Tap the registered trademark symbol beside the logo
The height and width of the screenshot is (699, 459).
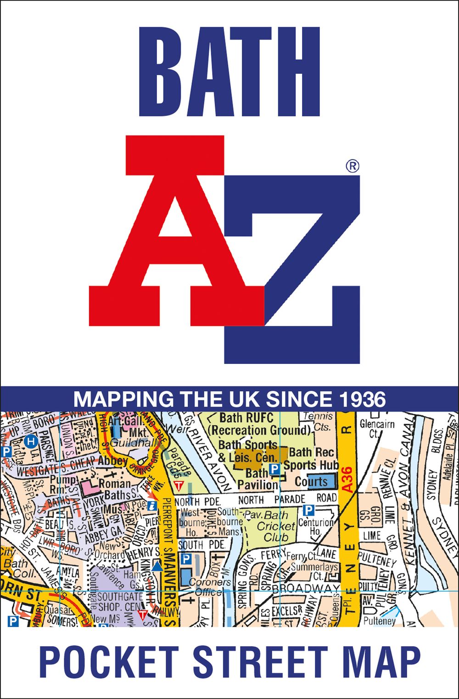pyautogui.click(x=353, y=166)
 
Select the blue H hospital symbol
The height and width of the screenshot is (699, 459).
pyautogui.click(x=31, y=441)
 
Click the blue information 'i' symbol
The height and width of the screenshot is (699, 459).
pyautogui.click(x=152, y=506)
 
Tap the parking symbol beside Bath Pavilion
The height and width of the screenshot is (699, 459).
pyautogui.click(x=274, y=469)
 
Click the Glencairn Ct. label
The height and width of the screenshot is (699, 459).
pyautogui.click(x=377, y=429)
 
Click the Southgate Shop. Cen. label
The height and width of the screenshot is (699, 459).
pyautogui.click(x=120, y=601)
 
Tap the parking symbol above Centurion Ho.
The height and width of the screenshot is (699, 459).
pyautogui.click(x=309, y=510)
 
